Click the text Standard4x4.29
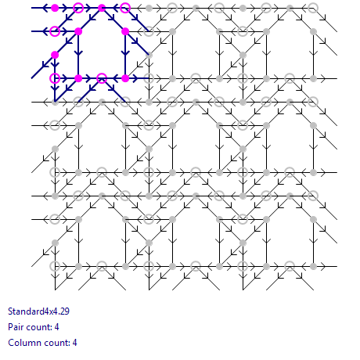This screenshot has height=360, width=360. pyautogui.click(x=38, y=311)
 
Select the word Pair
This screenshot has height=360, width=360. pyautogui.click(x=15, y=327)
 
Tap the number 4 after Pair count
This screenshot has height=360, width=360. pyautogui.click(x=56, y=327)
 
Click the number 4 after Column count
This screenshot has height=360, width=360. pyautogui.click(x=74, y=343)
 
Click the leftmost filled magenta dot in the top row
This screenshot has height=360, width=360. pyautogui.click(x=55, y=8)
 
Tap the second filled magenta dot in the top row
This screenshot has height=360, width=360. pyautogui.click(x=102, y=8)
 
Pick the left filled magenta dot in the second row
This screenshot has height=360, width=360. pyautogui.click(x=78, y=31)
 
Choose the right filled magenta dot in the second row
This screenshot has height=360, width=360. pyautogui.click(x=125, y=31)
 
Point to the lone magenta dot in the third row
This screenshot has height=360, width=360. pyautogui.click(x=55, y=55)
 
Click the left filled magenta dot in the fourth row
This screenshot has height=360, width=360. pyautogui.click(x=78, y=78)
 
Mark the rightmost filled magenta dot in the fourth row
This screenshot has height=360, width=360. pyautogui.click(x=125, y=78)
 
